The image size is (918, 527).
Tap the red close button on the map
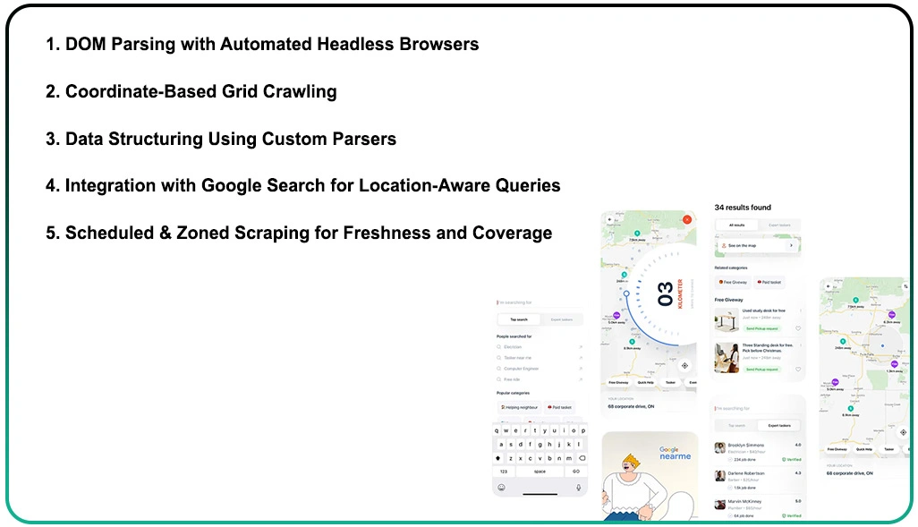(687, 218)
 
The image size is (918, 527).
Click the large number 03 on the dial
(665, 294)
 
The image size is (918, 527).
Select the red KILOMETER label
(680, 293)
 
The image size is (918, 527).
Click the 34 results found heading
(743, 208)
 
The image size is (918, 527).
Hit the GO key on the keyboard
(575, 471)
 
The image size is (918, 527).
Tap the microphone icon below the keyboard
(578, 487)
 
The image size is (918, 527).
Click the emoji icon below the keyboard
(501, 487)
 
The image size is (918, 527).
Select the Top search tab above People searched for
(519, 319)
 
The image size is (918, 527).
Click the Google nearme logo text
(675, 453)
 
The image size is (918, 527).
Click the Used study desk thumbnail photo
(727, 319)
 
